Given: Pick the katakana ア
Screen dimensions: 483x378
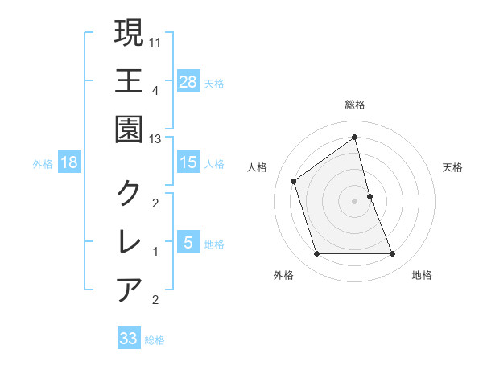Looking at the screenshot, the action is (129, 289).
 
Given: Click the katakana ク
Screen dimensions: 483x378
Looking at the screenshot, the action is (129, 192).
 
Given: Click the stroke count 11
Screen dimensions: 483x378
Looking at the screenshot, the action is (155, 41).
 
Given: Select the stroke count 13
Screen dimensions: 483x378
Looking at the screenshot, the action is (155, 138).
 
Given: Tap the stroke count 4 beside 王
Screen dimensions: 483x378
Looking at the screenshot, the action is (155, 90).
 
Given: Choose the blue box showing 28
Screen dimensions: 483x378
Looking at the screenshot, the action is (188, 82).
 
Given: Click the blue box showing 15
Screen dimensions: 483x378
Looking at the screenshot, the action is (188, 162).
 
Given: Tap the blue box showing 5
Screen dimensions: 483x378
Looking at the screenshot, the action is (188, 243).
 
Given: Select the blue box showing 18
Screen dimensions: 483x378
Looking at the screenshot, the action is (69, 162).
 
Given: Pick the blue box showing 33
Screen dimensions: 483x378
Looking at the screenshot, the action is (129, 339).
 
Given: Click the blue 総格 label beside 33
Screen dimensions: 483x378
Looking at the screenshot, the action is (155, 340).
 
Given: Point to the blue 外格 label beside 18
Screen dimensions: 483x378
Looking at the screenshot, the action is (43, 164).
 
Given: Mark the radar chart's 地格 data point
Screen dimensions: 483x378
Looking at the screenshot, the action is (393, 254).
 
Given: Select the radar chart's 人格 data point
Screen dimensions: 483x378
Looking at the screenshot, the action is (294, 181).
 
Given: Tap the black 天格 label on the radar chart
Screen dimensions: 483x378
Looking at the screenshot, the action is (453, 167).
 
